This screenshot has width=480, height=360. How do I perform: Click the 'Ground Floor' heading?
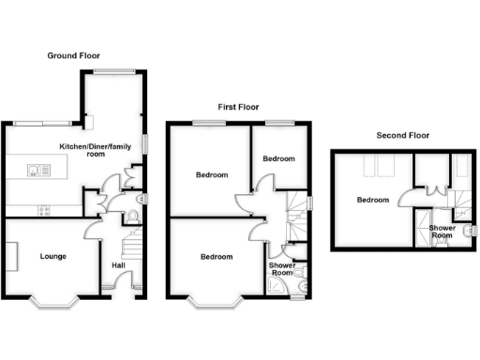[x=74, y=56]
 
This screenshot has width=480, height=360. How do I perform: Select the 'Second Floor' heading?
[x=403, y=135]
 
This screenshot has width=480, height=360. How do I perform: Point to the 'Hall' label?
[x=119, y=265]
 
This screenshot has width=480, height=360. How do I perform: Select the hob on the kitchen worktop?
[x=42, y=210]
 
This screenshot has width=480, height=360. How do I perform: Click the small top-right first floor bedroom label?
[x=277, y=159]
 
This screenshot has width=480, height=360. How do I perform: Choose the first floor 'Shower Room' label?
[x=282, y=268]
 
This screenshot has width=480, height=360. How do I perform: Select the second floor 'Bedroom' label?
[x=372, y=200]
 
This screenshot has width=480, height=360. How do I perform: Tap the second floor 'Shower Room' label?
[x=442, y=232]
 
